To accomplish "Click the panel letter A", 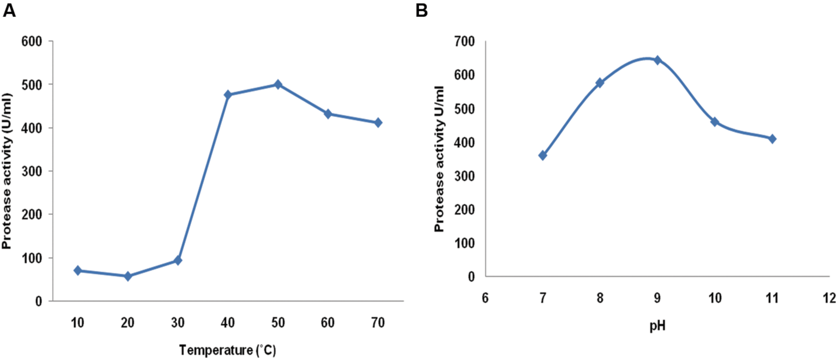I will [x=9, y=10].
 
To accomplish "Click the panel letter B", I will [x=421, y=10].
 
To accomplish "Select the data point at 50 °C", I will [x=278, y=85].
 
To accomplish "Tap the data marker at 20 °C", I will [x=128, y=276].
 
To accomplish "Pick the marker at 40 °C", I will [x=228, y=95].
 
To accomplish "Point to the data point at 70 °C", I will [x=378, y=123].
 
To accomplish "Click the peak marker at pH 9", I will [x=657, y=60].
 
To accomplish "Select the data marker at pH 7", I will [x=542, y=155].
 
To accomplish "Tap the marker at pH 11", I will [x=772, y=139].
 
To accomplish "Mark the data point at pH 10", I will [x=715, y=122].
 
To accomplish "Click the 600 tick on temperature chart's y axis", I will [x=32, y=42].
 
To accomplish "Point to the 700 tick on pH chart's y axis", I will [x=464, y=42].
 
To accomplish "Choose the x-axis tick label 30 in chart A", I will [x=178, y=323].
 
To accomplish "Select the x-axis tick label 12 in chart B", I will [x=829, y=298].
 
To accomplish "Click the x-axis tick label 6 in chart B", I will [x=485, y=298].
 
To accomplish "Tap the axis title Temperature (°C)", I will [x=227, y=351].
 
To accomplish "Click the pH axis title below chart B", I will [x=657, y=326].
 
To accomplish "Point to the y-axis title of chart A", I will [x=7, y=171].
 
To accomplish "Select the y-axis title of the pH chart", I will [x=439, y=159].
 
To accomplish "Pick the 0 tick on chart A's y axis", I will [x=38, y=301].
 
